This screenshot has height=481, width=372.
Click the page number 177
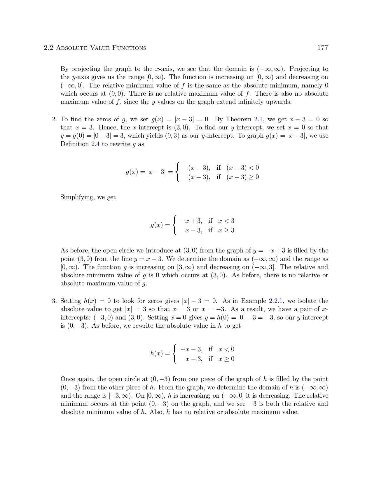click(322, 48)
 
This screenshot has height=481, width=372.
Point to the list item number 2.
click(54, 119)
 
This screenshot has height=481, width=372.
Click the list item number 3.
click(54, 301)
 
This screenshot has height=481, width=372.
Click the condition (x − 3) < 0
click(242, 168)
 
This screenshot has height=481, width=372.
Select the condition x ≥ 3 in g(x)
click(226, 231)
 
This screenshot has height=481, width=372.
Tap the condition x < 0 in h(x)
click(226, 349)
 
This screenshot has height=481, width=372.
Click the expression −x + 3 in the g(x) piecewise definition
click(191, 221)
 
